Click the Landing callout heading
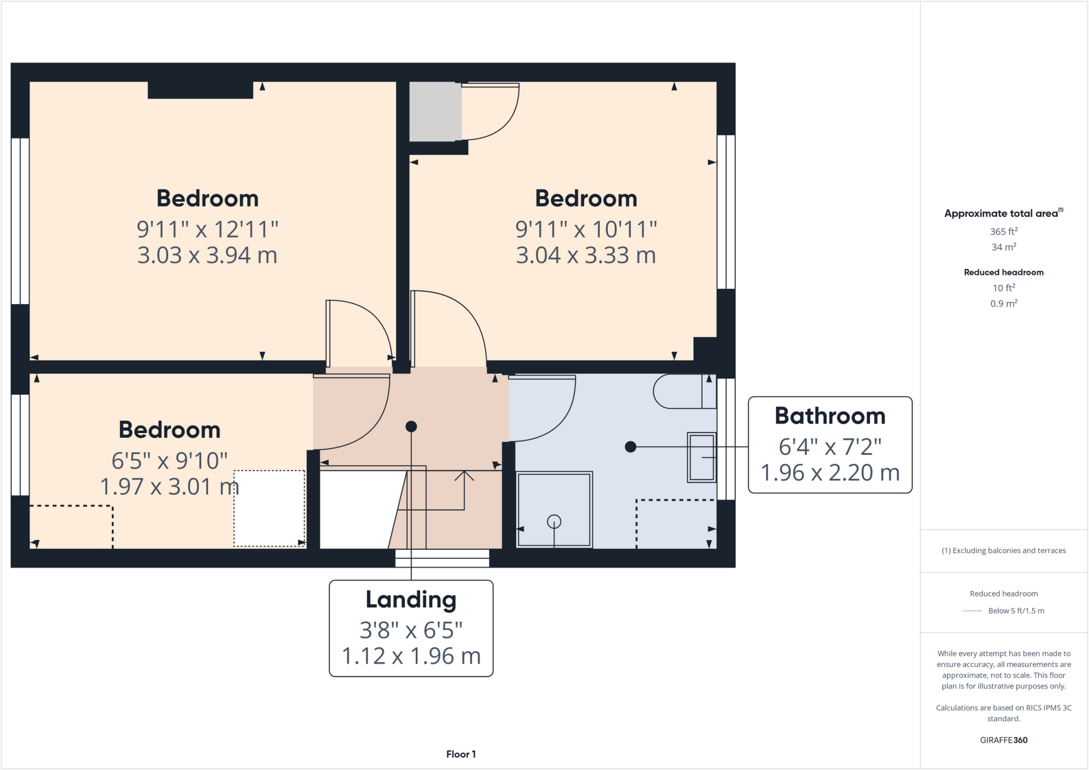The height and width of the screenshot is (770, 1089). point(411,599)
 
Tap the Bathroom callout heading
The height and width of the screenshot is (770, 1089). point(830,416)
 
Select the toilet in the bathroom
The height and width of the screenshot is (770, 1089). point(683,391)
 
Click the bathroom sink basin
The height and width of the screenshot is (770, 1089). point(702,457)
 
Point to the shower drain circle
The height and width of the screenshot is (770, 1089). point(554,521)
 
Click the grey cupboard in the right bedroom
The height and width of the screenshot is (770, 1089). point(435,112)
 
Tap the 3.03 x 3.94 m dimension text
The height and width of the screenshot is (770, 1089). point(207,255)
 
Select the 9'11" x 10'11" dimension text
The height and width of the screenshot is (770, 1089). point(586,230)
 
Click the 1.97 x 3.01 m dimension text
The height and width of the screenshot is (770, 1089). point(169,487)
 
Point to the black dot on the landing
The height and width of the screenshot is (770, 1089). point(411,426)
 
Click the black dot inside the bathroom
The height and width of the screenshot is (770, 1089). point(631,447)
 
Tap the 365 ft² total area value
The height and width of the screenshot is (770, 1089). point(1003,232)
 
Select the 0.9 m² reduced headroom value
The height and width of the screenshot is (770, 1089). point(1003,303)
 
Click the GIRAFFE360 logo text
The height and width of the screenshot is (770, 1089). point(1003,740)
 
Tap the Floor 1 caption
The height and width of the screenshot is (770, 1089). point(460,754)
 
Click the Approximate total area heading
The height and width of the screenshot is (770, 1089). point(1001,214)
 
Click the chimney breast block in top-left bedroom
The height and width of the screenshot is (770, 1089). point(200,90)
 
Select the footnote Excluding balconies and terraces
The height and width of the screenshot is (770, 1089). point(1003,551)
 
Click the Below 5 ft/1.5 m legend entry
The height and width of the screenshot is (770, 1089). point(1016,611)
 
